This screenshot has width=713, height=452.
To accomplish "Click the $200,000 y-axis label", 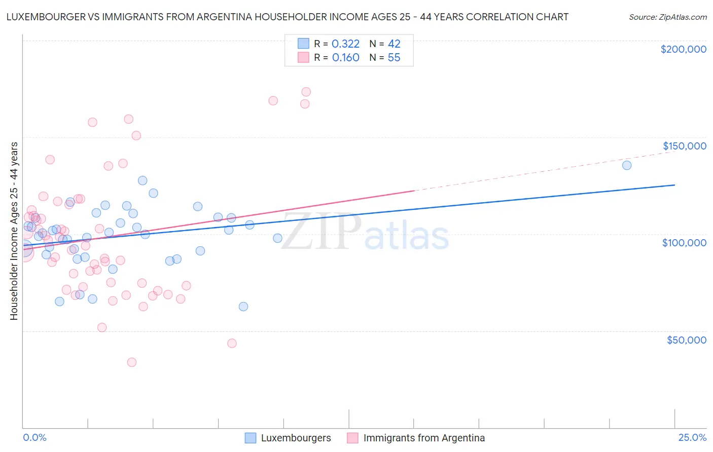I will pos(683,49).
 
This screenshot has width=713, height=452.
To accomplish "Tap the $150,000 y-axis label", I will pos(684,146).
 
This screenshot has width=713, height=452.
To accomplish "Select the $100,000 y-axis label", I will pos(684,243).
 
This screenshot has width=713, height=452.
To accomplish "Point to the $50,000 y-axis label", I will pos(686,340).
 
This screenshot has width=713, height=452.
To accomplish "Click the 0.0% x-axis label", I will pos(34,437).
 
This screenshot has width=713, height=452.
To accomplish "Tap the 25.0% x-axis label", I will pos(692,437).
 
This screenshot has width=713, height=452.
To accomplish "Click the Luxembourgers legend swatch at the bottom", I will pos(251,438).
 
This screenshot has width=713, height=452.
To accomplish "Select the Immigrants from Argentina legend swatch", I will pos(353,438).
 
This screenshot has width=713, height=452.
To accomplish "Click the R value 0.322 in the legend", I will pos(345,44).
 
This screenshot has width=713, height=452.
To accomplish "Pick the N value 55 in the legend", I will pos(394,58).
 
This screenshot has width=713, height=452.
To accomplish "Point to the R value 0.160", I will pos(345,58).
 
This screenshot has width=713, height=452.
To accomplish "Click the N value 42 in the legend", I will pos(394,44).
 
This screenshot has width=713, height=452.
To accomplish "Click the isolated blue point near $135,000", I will pos(627,165).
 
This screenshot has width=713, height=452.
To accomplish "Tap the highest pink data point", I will pos(306,92).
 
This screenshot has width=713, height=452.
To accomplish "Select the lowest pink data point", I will pos(132,362).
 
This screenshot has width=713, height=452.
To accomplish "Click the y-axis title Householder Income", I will pos(14,231).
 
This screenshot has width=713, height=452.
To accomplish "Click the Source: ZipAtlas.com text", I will pos(667,17).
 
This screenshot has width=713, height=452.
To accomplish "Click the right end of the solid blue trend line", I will pos(674,185).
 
